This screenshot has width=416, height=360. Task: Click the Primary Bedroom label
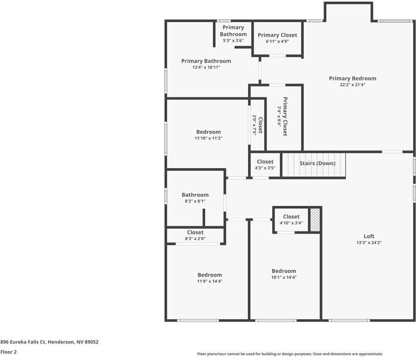point(352,79)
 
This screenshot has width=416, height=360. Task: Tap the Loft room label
point(369,236)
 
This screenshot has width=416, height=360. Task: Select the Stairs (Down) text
point(317,163)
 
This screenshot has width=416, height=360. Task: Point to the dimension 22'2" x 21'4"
point(352,85)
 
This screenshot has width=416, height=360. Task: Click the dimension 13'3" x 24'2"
point(369,243)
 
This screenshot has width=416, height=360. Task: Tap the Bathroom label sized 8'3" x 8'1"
point(195,195)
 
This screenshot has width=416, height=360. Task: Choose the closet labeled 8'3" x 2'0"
point(195,232)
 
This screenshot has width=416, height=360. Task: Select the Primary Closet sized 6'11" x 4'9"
point(277,35)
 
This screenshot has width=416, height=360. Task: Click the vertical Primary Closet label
point(285,116)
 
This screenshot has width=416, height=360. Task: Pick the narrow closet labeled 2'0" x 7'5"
point(258,125)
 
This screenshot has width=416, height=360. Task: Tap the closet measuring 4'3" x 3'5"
point(265,162)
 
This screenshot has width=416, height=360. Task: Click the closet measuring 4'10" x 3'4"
point(291,217)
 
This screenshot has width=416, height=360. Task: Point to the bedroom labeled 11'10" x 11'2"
point(208,132)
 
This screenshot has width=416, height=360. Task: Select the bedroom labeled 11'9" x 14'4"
point(209,275)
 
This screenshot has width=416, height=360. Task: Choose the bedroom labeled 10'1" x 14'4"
point(284,271)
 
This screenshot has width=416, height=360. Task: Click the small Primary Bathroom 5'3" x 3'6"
point(233,31)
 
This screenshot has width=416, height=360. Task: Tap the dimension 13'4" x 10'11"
point(206,68)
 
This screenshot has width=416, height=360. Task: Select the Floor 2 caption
point(8,352)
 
